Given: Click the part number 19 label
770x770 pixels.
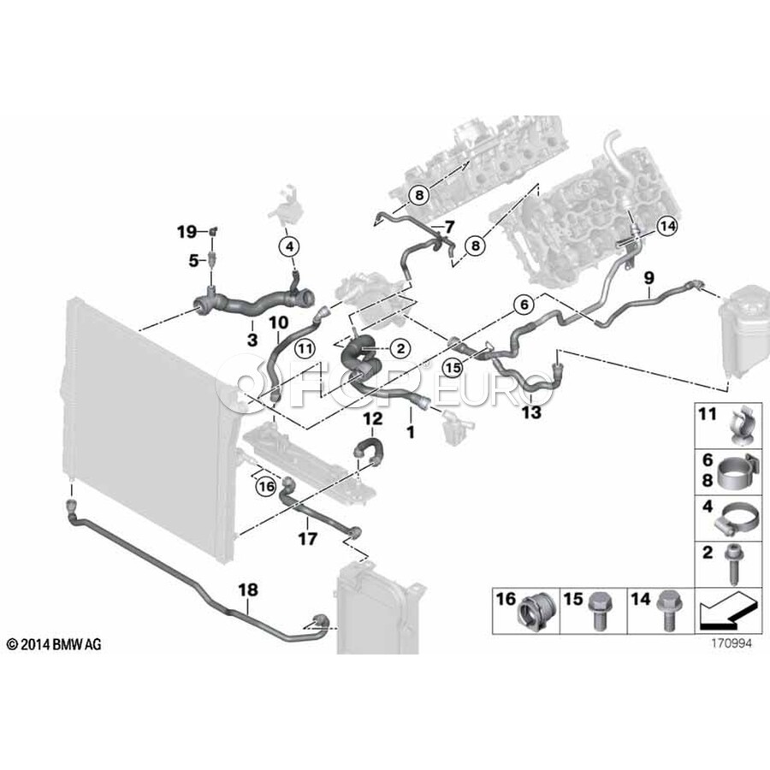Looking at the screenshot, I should pos(187,231).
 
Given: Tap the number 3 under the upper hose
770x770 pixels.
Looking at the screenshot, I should pos(252,340).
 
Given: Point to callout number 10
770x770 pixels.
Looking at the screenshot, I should pos(278,323).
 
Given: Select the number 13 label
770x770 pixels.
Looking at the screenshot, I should pos(531,412).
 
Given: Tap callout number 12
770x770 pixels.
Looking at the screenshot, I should pos(373,419).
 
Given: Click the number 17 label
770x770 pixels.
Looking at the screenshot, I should pos(307,539).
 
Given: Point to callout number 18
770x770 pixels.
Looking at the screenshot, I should pos(247,589).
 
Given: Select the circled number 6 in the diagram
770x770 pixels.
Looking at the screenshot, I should pos(523,304).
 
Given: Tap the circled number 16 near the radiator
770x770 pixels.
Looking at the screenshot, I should pos(266,487).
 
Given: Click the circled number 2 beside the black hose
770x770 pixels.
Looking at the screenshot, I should pos(400,347).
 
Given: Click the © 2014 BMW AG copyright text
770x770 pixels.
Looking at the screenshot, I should pos(54,644).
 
